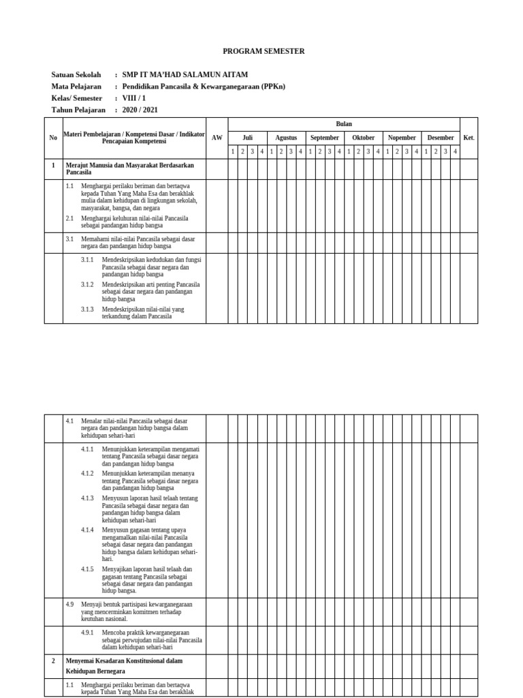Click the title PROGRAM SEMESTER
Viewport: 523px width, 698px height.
264,51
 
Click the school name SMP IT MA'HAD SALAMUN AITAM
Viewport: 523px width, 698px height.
185,75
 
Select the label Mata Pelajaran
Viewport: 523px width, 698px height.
76,87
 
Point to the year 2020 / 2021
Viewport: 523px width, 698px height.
140,110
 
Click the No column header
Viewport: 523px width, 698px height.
54,138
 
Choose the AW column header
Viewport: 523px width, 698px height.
217,138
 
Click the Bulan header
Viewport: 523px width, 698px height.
344,124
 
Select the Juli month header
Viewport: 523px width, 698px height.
247,138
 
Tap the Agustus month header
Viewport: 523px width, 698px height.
286,138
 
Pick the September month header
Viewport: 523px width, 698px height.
324,138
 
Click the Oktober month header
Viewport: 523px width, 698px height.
363,138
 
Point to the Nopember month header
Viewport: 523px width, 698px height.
402,138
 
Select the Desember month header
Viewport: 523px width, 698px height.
441,138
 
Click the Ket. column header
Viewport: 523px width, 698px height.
469,138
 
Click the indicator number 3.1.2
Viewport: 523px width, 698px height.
87,284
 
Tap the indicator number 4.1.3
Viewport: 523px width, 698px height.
87,498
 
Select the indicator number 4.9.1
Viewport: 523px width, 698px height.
87,633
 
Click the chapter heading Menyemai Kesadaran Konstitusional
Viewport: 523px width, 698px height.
124,661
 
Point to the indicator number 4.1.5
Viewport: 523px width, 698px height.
87,569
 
